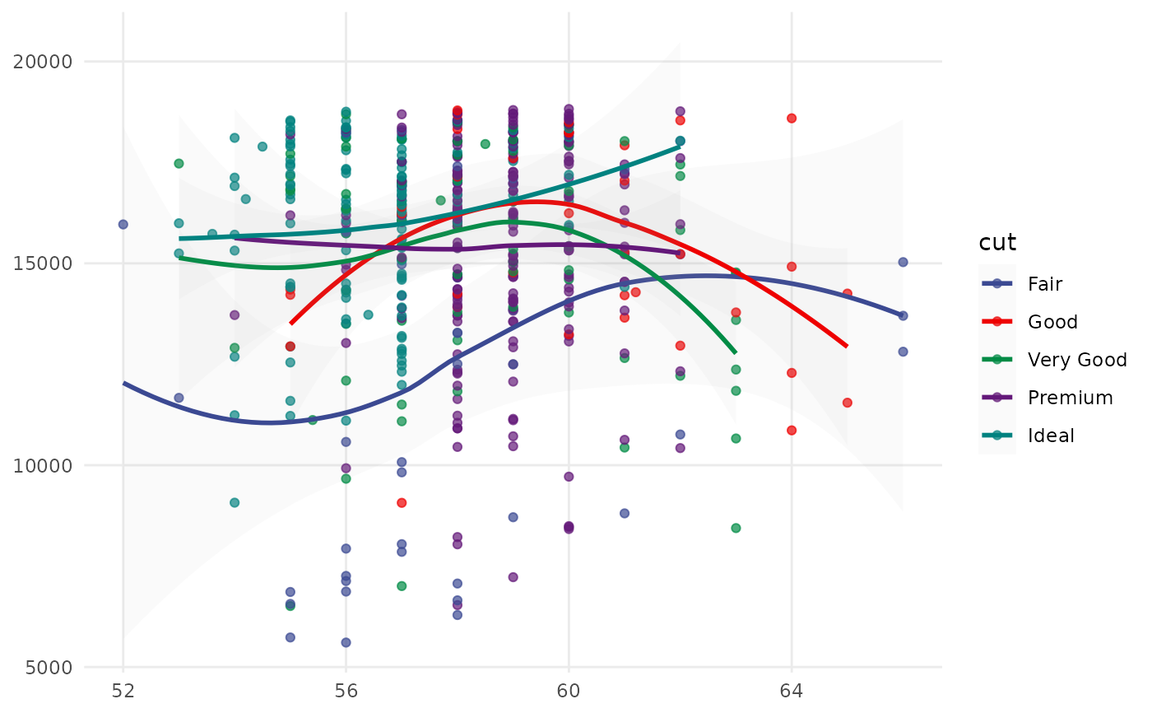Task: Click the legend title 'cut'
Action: coord(997,243)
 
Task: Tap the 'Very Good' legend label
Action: coord(1077,360)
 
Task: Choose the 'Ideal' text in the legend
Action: coord(1051,436)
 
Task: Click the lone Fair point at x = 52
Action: coord(123,224)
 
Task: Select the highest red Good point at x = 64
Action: coord(792,118)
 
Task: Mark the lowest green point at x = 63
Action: coord(736,528)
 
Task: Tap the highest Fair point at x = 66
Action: coord(903,262)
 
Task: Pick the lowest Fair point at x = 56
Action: coord(346,642)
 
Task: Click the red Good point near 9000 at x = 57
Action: coord(402,502)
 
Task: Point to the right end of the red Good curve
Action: coord(847,347)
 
